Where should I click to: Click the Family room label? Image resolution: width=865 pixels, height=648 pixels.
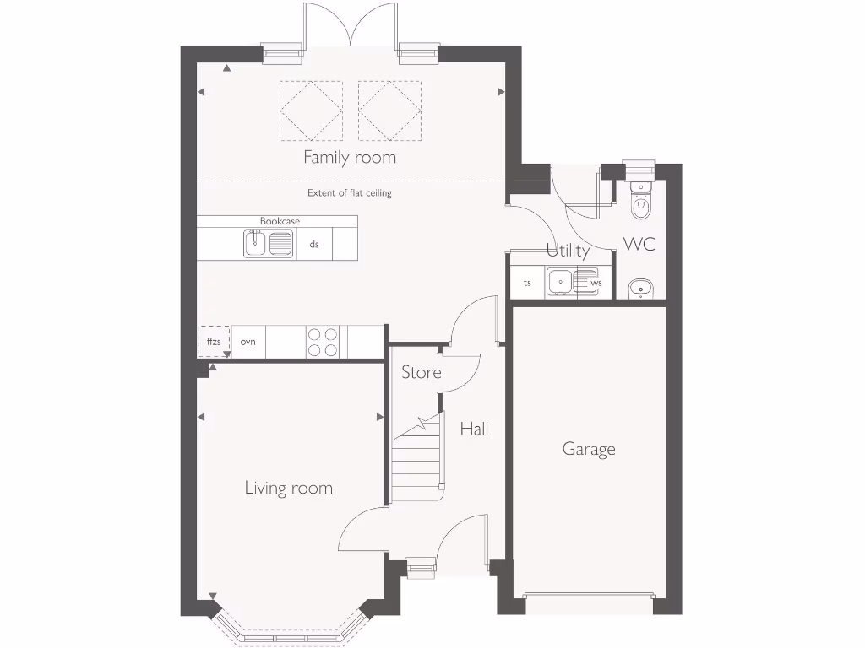click(x=349, y=157)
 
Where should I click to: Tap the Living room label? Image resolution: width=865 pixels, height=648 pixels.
click(x=288, y=488)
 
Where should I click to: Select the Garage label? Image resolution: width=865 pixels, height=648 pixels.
click(x=589, y=449)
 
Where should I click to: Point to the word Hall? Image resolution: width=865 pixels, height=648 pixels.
click(x=474, y=429)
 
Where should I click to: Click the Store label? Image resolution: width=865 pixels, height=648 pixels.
click(x=421, y=372)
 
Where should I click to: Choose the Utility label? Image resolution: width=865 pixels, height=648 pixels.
click(x=568, y=251)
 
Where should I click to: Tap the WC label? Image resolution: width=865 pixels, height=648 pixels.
click(x=639, y=245)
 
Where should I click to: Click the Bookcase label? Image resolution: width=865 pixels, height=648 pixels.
click(x=280, y=221)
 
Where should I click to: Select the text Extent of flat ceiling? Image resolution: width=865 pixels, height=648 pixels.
click(x=349, y=193)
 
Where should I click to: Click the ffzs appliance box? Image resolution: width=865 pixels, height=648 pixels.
click(x=214, y=342)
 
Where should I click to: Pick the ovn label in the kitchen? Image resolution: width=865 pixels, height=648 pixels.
click(x=248, y=342)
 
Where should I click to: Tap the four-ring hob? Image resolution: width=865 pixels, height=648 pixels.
click(x=323, y=342)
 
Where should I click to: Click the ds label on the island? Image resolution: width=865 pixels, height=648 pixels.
click(x=314, y=245)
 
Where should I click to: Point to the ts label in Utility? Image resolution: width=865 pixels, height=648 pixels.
click(x=527, y=283)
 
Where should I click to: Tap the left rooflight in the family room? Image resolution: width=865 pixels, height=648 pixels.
click(x=311, y=111)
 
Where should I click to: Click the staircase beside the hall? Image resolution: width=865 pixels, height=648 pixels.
click(x=416, y=460)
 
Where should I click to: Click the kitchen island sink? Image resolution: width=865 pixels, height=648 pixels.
click(x=269, y=245)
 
